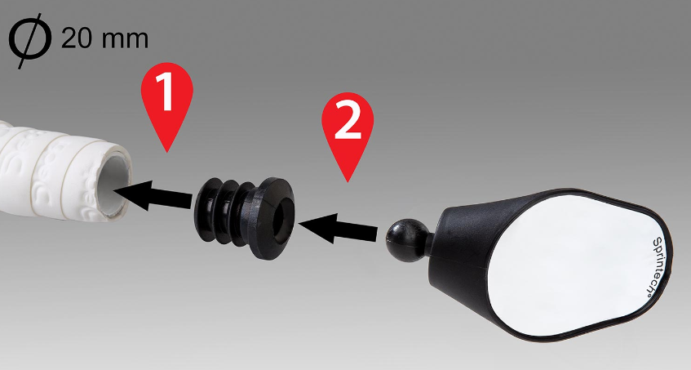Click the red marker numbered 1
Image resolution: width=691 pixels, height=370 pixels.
[166, 94]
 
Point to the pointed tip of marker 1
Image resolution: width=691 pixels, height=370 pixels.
[166, 151]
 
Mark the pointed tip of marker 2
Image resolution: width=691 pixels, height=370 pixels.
[348, 181]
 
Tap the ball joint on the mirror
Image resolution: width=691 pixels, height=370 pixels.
[402, 235]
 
